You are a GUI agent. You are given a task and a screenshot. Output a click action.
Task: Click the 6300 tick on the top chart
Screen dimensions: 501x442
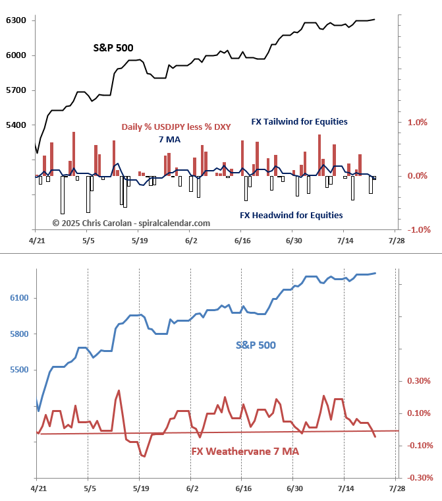pos(16,20)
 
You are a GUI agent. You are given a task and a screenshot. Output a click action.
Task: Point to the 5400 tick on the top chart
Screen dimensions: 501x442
pos(16,125)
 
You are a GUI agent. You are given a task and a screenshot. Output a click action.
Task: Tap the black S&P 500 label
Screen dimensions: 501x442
pos(113,48)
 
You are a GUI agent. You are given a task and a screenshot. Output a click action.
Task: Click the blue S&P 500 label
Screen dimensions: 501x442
pos(256,345)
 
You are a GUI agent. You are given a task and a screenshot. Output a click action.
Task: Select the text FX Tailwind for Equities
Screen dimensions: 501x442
pos(299,122)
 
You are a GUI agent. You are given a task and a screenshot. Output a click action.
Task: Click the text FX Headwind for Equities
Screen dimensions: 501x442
pos(290,215)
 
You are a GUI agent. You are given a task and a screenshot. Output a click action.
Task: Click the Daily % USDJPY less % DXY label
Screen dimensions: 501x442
pos(176,127)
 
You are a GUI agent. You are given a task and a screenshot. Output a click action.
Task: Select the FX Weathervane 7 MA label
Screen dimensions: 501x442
pos(245,452)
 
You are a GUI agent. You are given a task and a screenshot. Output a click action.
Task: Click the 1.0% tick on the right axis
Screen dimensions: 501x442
pos(418,122)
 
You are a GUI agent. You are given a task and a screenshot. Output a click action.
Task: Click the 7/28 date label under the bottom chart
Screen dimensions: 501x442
pos(397,488)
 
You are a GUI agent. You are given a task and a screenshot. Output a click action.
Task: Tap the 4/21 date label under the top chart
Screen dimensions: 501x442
pos(38,241)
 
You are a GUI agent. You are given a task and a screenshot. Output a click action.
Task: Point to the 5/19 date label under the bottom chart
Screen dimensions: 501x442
pos(140,488)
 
